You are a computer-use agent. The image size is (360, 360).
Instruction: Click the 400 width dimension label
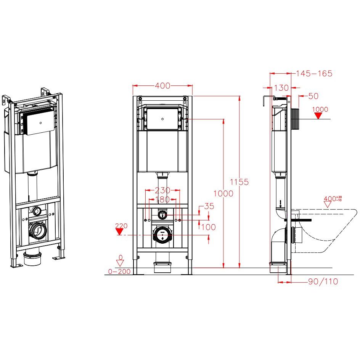pyautogui.click(x=162, y=86)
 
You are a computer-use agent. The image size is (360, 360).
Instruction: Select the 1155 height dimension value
pyautogui.click(x=239, y=182)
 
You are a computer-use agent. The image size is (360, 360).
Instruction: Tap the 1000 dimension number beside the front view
pyautogui.click(x=223, y=194)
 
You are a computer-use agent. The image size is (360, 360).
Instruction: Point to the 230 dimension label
pyautogui.click(x=162, y=190)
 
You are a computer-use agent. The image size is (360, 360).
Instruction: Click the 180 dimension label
pyautogui.click(x=162, y=199)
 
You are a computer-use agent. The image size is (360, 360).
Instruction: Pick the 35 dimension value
pyautogui.click(x=209, y=206)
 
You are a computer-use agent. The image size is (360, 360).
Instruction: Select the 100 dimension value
pyautogui.click(x=209, y=227)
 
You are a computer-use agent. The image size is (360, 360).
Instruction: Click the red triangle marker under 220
pyautogui.click(x=119, y=231)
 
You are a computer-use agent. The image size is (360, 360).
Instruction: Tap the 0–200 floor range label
pyautogui.click(x=119, y=272)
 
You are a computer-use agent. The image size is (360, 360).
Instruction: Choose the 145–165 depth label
pyautogui.click(x=314, y=74)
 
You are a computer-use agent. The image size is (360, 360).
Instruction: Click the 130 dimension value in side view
pyautogui.click(x=281, y=88)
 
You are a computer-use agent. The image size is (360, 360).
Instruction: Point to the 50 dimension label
pyautogui.click(x=313, y=96)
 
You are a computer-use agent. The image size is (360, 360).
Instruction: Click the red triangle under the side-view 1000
pyautogui.click(x=318, y=116)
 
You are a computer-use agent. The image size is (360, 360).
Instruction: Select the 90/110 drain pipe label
pyautogui.click(x=323, y=281)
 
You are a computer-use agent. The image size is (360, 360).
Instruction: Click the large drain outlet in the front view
pyautogui.click(x=162, y=235)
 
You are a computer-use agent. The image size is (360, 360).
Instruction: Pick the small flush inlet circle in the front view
pyautogui.click(x=162, y=215)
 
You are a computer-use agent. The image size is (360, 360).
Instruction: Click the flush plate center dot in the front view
pyautogui.click(x=162, y=119)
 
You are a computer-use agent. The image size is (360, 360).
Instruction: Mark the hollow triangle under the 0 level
pyautogui.click(x=120, y=263)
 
